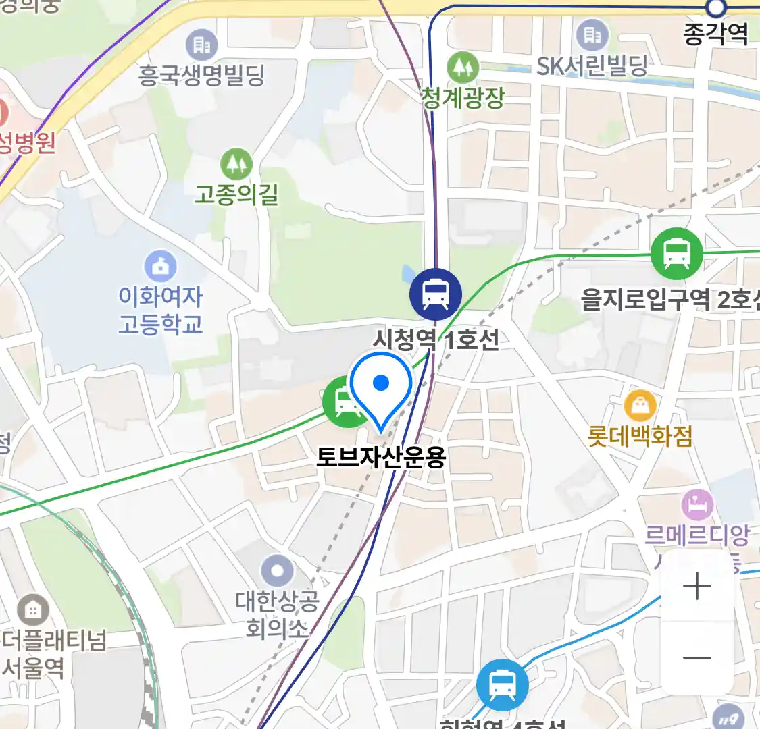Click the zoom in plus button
coord(696,586)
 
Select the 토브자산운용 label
coord(382,458)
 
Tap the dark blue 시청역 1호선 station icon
coord(436,294)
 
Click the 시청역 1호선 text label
coord(436,338)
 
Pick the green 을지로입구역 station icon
coord(676,254)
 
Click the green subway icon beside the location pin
coord(347,403)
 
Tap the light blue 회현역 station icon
coord(502,685)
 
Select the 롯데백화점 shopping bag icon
coord(640,405)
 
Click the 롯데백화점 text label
coord(640,436)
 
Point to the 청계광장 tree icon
coord(463,67)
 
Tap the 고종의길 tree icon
coord(236,164)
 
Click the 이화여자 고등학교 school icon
coord(161,267)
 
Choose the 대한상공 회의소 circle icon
coord(276,572)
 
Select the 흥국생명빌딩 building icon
coord(201,45)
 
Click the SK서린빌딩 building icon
coord(592,34)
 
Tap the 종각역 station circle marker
coord(715,8)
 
